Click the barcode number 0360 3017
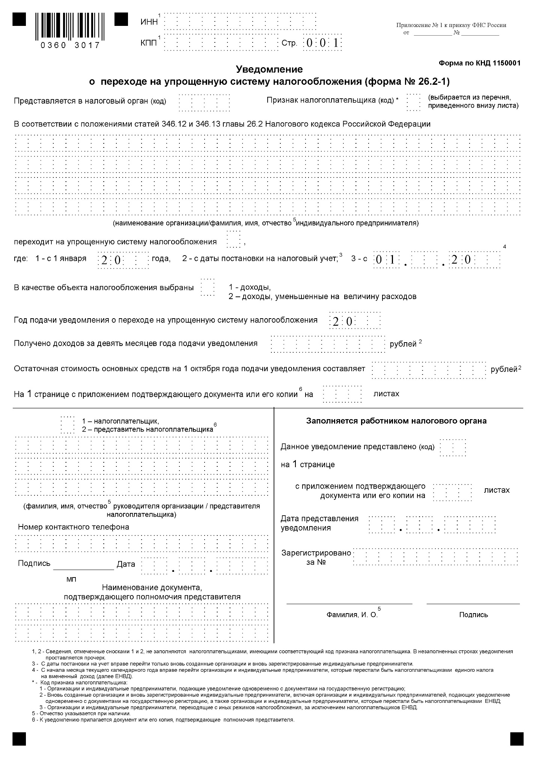71,45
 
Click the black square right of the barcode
121,19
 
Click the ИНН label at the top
149,22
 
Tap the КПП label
149,43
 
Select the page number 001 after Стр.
322,43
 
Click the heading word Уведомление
269,69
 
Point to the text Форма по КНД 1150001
479,63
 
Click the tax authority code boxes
205,102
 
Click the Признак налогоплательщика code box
413,102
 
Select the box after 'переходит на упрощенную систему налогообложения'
233,240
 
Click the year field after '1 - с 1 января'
123,259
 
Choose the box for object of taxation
208,287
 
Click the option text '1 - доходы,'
250,287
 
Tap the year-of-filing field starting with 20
355,321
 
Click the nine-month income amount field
328,344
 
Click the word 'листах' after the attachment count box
386,394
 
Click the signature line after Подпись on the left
83,567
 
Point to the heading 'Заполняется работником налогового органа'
396,421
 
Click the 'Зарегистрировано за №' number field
435,557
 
